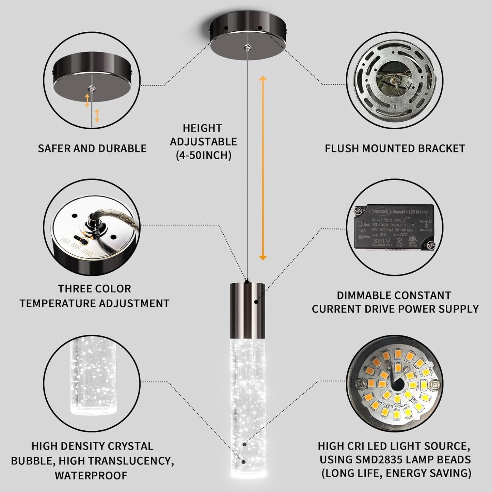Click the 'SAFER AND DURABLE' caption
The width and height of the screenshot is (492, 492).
[x=92, y=148]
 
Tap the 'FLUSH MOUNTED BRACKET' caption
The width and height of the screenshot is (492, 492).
[x=395, y=148]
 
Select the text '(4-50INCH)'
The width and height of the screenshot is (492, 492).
[x=204, y=155]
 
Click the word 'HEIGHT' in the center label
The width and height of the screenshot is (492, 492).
[x=202, y=128]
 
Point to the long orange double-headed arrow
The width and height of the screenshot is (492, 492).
[x=263, y=168]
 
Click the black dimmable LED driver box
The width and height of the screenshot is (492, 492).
[x=395, y=226]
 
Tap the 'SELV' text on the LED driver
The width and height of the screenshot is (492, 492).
[x=382, y=241]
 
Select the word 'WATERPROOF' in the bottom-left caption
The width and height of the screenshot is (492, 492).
[x=91, y=475]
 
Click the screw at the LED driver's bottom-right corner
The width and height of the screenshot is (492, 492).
[x=431, y=244]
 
